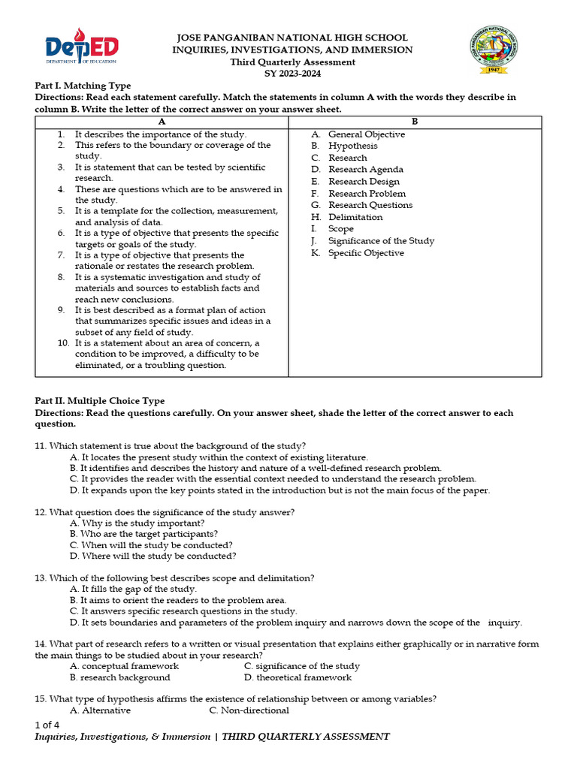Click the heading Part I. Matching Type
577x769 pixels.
pos(83,86)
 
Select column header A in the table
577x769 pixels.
pos(162,122)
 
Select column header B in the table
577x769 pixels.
pos(415,122)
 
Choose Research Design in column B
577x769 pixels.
pos(364,182)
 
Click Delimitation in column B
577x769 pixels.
pos(355,217)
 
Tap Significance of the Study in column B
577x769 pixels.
pos(381,241)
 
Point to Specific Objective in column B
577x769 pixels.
pos(366,253)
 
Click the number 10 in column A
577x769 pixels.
pos(63,343)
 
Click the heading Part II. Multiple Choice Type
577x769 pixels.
pos(100,401)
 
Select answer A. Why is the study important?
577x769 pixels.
pos(137,523)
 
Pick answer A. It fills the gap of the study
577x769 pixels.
pos(133,590)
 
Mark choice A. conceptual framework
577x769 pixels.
pos(124,666)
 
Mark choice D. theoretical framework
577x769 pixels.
pos(298,677)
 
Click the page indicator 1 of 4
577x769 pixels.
pos(47,725)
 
